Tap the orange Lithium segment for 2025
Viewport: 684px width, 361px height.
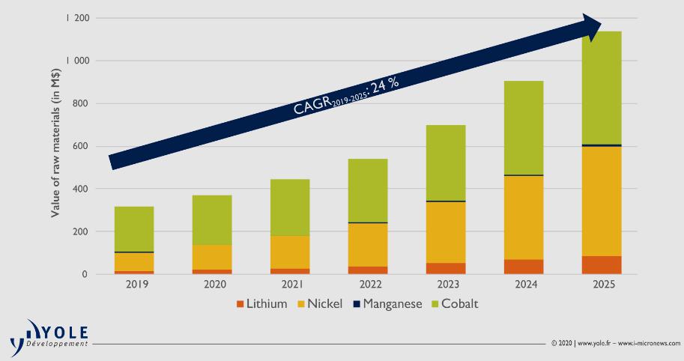point(602,265)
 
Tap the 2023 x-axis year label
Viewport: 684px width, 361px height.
point(446,285)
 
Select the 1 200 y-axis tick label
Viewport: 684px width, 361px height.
point(76,18)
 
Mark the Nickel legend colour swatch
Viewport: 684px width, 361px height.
point(303,304)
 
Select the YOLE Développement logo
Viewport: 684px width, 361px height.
point(50,335)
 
